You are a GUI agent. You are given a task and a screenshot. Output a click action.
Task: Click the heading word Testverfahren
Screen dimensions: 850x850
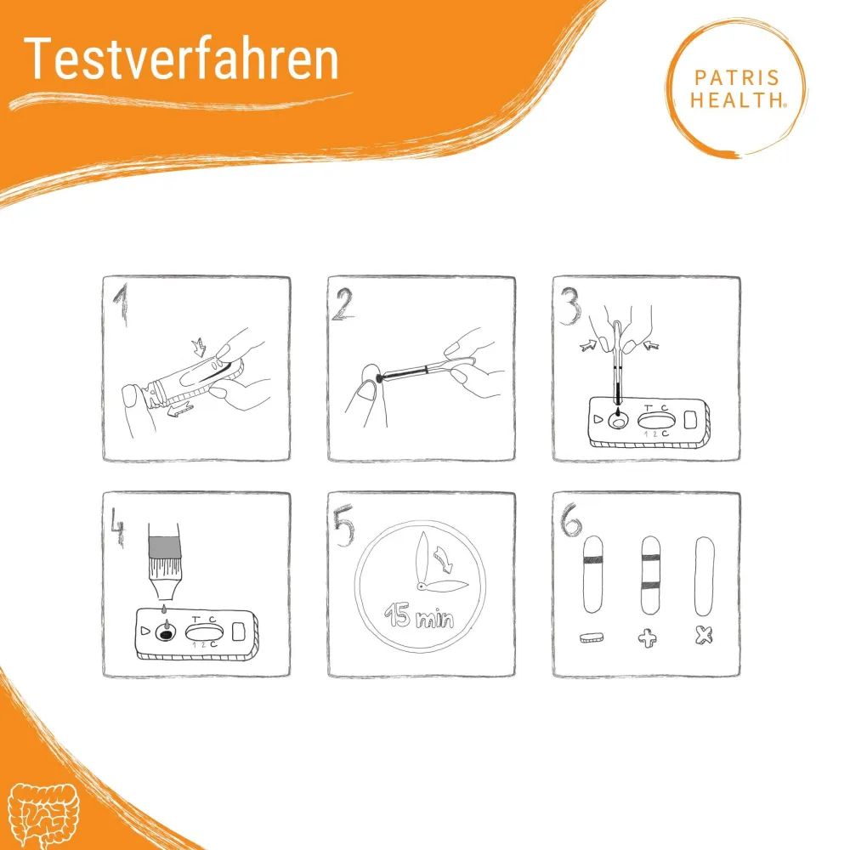(181, 59)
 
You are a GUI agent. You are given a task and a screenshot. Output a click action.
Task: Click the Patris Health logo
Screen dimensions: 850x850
(737, 88)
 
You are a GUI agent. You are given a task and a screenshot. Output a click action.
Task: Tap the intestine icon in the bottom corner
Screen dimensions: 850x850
(44, 814)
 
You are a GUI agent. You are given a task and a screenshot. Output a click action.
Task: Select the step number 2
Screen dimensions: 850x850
(343, 303)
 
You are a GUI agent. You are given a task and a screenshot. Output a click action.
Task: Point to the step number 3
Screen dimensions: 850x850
(569, 306)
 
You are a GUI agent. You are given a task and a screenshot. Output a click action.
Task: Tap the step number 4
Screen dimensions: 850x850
(117, 528)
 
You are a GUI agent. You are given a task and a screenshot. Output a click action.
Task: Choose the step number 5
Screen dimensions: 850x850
(343, 524)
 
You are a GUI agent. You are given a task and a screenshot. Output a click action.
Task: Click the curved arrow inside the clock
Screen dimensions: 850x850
(444, 559)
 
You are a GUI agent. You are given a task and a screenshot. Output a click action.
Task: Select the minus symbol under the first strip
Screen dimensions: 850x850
(592, 637)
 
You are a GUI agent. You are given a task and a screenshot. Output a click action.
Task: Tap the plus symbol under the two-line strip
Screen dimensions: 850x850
(648, 638)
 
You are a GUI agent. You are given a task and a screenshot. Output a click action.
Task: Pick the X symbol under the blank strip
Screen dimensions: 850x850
(704, 635)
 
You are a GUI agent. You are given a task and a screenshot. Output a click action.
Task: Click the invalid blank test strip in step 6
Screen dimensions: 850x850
(704, 576)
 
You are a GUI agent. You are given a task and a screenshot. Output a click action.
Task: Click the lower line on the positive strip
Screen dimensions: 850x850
(650, 585)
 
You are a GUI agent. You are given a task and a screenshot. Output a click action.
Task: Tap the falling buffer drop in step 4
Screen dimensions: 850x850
(164, 609)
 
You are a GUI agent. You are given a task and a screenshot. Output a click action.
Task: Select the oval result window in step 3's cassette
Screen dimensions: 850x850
(656, 420)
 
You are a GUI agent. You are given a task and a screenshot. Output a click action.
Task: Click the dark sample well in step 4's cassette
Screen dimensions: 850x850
(166, 632)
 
